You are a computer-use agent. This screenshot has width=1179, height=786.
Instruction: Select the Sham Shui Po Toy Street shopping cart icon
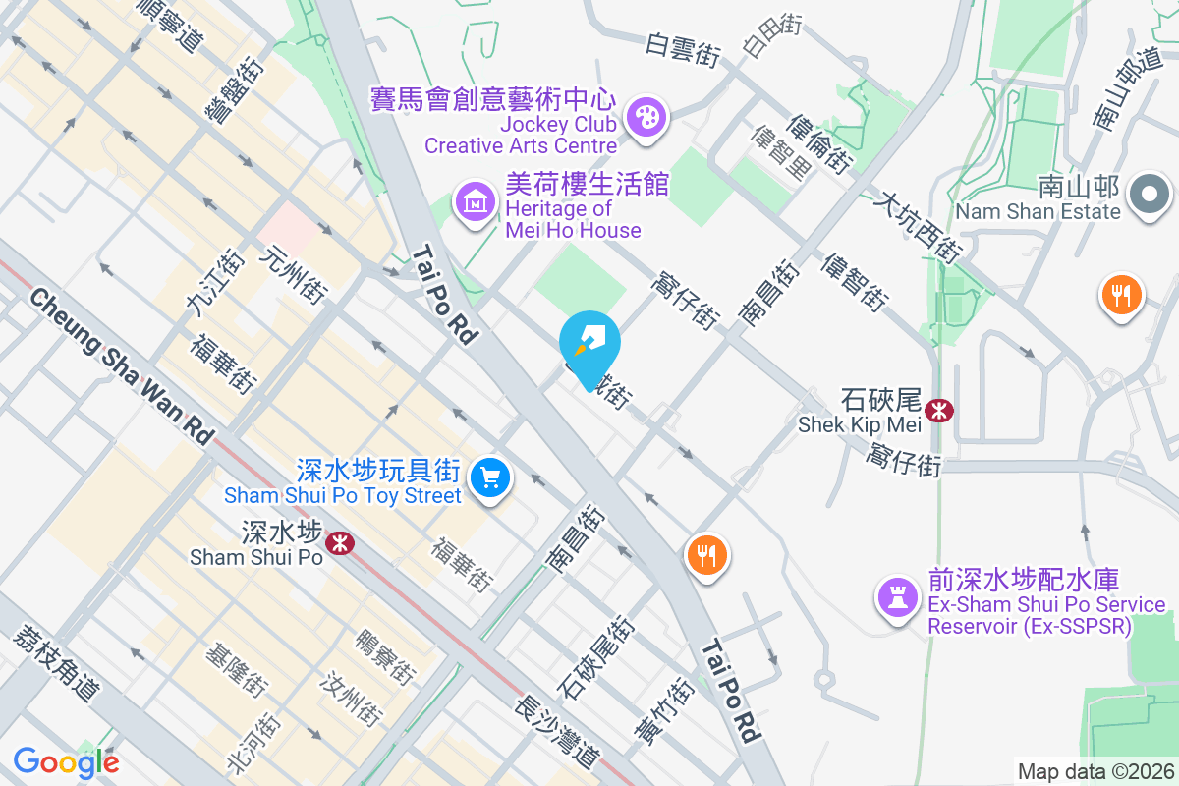[x=488, y=479]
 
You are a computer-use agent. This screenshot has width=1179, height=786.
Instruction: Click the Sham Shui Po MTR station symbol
[x=340, y=541]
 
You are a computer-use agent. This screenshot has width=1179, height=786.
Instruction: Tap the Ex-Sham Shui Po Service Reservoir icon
[x=896, y=595]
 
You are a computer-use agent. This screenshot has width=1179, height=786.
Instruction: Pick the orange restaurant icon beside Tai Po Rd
[x=706, y=556]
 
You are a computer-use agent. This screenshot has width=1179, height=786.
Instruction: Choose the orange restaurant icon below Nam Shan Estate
[x=1121, y=294]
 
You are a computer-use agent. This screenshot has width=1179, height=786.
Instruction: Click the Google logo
[x=66, y=761]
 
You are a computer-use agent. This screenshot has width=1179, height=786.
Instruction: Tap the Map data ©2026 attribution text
[x=1095, y=772]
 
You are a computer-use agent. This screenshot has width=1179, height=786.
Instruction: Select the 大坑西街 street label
[x=918, y=228]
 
